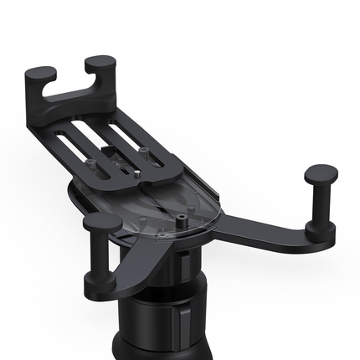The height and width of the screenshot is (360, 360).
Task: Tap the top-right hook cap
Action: (101, 64)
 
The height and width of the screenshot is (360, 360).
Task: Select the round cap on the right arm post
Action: (321, 174)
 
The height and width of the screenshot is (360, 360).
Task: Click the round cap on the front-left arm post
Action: (103, 223)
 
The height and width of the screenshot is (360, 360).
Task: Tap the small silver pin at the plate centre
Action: (136, 175)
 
